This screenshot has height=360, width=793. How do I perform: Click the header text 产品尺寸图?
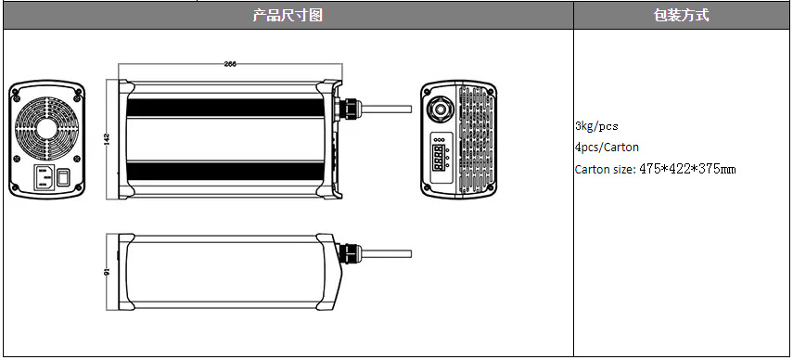(x=288, y=15)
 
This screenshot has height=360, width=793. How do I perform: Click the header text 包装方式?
(x=681, y=15)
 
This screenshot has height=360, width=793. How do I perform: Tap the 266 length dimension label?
(x=230, y=64)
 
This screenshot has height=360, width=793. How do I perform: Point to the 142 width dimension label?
(x=107, y=139)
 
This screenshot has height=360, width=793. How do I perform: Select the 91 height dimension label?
(x=107, y=273)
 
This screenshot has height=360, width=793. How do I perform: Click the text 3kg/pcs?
(x=596, y=126)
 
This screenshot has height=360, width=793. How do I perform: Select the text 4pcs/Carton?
(x=607, y=148)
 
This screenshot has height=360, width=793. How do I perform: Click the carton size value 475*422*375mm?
(x=687, y=169)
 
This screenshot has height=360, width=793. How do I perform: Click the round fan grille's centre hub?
(x=46, y=128)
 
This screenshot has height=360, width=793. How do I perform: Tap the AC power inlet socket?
(x=44, y=177)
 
